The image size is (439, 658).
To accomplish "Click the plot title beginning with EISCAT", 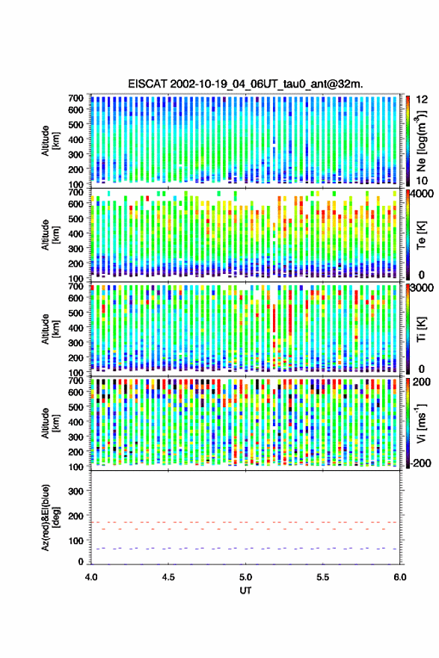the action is tap(246, 84).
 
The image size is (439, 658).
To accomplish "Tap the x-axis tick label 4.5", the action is tap(168, 577).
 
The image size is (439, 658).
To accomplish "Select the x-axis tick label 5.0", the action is tap(246, 577).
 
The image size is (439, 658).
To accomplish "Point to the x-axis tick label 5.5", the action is tap(323, 577).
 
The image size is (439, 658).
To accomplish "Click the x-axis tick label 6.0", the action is tap(400, 577).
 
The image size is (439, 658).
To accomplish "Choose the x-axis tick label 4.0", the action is tap(91, 577).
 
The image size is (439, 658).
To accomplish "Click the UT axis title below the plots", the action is tap(245, 591).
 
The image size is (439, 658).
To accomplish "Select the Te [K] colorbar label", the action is tap(421, 235).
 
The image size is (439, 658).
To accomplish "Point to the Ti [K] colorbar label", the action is tap(421, 329).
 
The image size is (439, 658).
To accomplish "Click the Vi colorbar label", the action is tap(421, 423).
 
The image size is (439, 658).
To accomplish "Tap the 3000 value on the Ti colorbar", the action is tap(423, 288).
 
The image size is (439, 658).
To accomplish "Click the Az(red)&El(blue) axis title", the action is tap(50, 517).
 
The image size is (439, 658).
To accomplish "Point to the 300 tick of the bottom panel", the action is tap(76, 491).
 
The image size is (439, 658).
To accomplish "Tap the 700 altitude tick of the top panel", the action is tap(76, 98).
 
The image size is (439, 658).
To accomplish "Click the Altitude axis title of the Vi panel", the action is tap(50, 423).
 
